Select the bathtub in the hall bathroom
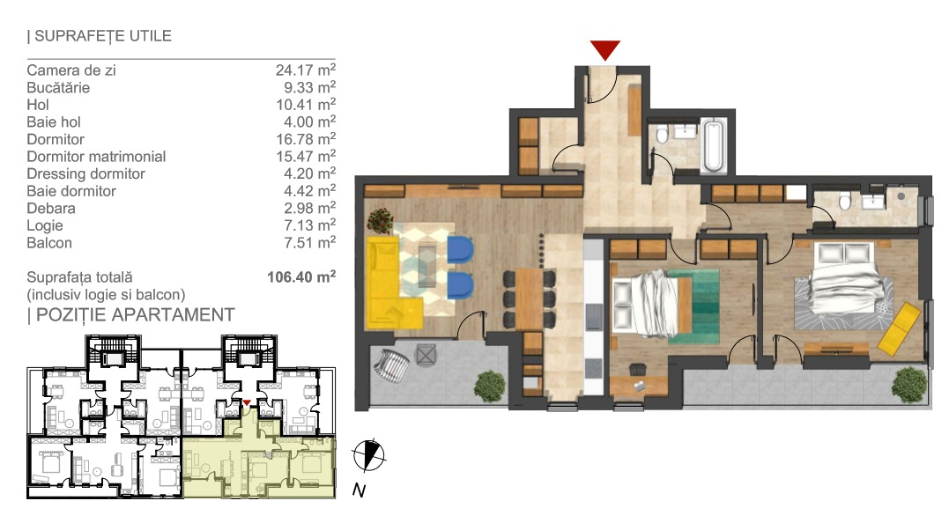click(x=713, y=144)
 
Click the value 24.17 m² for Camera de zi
click(x=305, y=70)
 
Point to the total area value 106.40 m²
click(x=301, y=276)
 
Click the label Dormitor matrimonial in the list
click(x=96, y=157)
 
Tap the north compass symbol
click(x=367, y=455)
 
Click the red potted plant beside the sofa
click(x=381, y=220)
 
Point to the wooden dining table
click(x=530, y=299)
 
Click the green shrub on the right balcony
click(x=909, y=384)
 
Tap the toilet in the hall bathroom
click(x=662, y=135)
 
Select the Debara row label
click(x=51, y=209)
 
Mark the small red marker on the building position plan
click(x=247, y=403)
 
